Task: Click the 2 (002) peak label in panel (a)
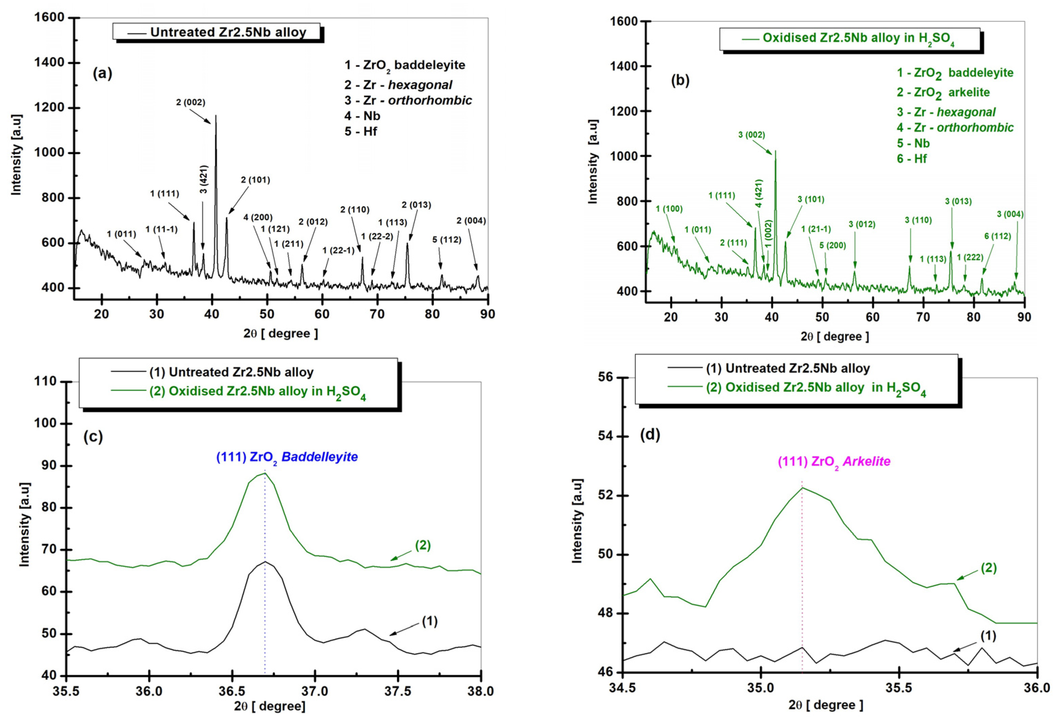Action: pos(191,103)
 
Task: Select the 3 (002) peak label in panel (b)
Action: pos(752,135)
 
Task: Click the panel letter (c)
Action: pos(93,436)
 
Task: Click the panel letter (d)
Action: pos(650,435)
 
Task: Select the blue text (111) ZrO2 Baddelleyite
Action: pos(287,457)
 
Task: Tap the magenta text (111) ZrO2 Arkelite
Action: pos(834,462)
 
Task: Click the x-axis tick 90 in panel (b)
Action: pos(1024,317)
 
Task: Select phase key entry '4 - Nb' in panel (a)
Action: pos(362,116)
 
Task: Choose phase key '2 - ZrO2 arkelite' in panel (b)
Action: pos(943,92)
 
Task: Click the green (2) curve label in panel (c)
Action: pos(423,545)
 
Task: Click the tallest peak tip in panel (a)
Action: pos(216,116)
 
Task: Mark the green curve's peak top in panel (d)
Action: pos(802,488)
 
